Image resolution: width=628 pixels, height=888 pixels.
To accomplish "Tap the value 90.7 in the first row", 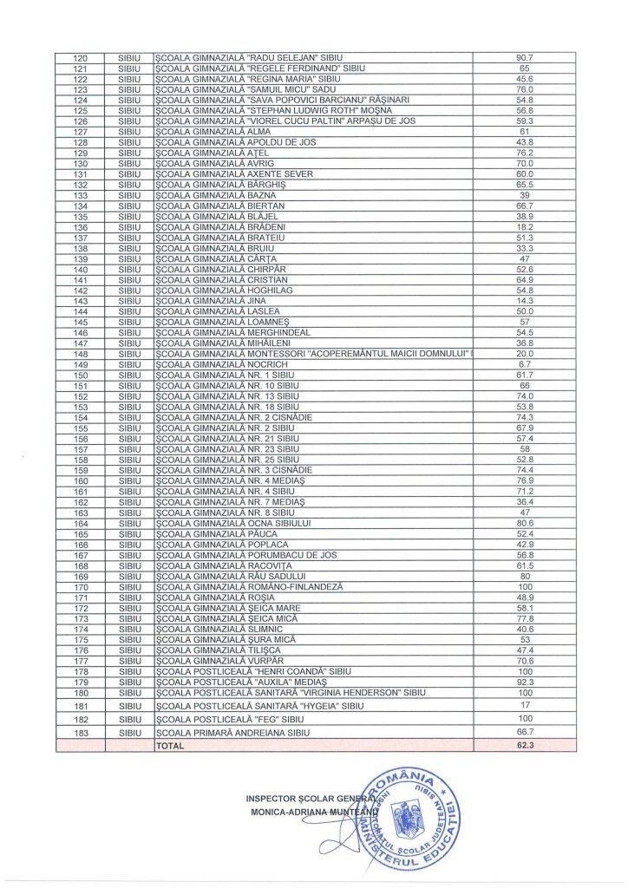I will (524, 58).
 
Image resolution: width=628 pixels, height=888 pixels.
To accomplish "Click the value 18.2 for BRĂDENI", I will (524, 228).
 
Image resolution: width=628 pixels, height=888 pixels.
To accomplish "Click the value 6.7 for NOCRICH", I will (524, 365).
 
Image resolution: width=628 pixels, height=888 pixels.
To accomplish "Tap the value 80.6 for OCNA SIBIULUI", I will (524, 524).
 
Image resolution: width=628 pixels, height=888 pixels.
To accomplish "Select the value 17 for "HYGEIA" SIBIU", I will (524, 707).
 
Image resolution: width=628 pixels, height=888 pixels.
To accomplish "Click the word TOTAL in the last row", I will (170, 745).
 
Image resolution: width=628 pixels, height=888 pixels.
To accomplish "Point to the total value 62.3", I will (524, 745).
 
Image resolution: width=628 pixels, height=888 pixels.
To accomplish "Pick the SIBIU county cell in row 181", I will (128, 707).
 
